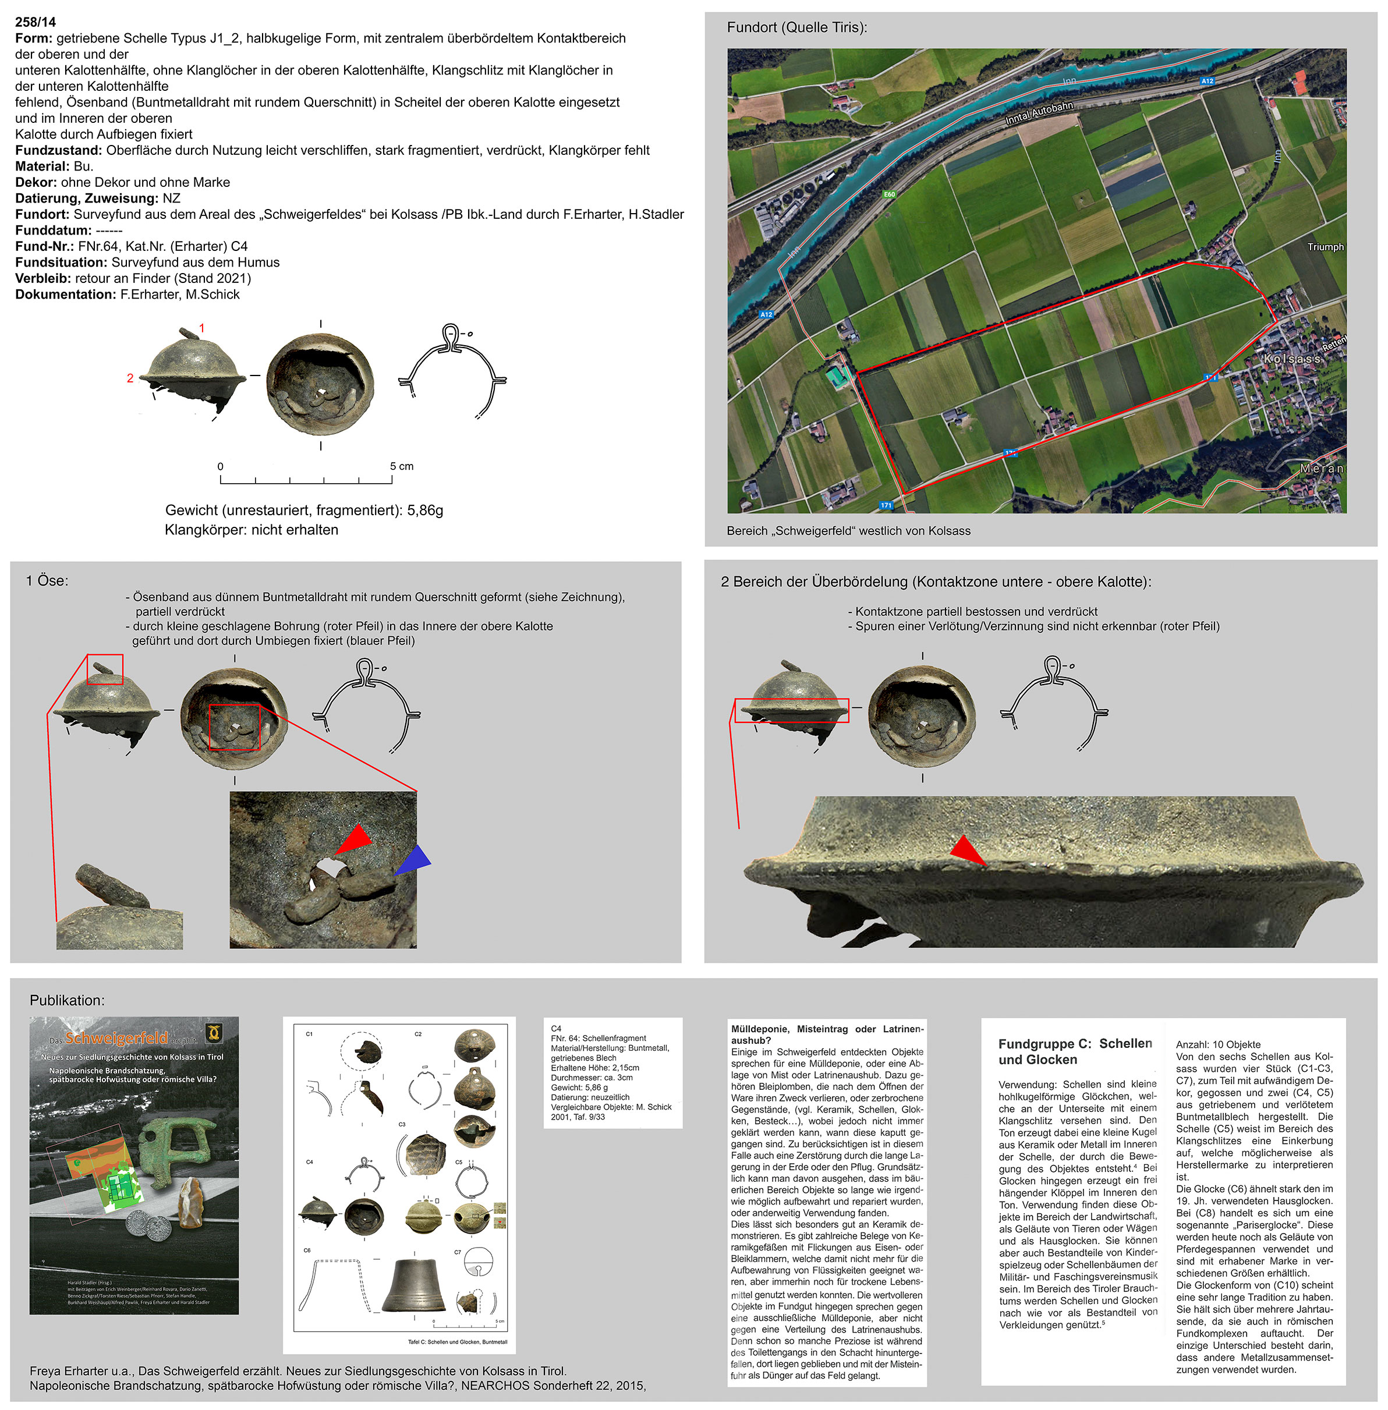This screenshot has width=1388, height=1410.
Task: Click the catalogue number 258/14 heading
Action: coord(35,22)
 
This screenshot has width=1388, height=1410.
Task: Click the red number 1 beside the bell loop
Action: coord(202,328)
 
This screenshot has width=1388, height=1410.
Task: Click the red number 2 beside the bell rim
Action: coord(130,378)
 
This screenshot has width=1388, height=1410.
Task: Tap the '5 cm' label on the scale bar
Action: coord(401,466)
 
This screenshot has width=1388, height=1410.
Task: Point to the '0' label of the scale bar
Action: coord(220,466)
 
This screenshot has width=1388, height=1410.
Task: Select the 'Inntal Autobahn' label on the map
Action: coord(1039,113)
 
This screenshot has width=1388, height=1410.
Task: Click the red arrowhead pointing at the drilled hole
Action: coord(355,838)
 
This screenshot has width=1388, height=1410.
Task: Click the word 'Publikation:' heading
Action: coord(67,1000)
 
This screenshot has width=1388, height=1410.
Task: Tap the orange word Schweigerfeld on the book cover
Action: coord(116,1037)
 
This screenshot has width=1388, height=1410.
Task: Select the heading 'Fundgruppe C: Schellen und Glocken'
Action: coord(1076,1051)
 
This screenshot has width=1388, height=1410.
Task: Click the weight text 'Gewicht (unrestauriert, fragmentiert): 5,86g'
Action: coord(304,511)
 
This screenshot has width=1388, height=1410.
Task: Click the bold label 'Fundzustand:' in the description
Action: coord(58,150)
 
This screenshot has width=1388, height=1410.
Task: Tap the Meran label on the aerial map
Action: coord(1320,469)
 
